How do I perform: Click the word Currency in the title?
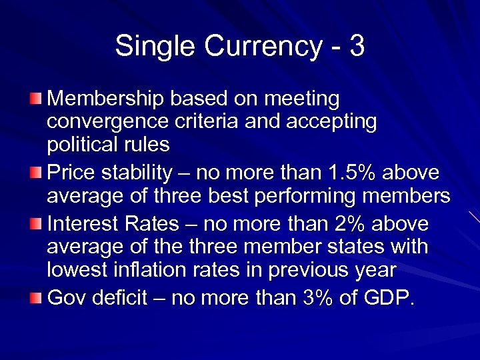(x=256, y=47)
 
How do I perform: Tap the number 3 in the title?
(x=357, y=47)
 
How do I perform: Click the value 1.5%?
(x=352, y=173)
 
